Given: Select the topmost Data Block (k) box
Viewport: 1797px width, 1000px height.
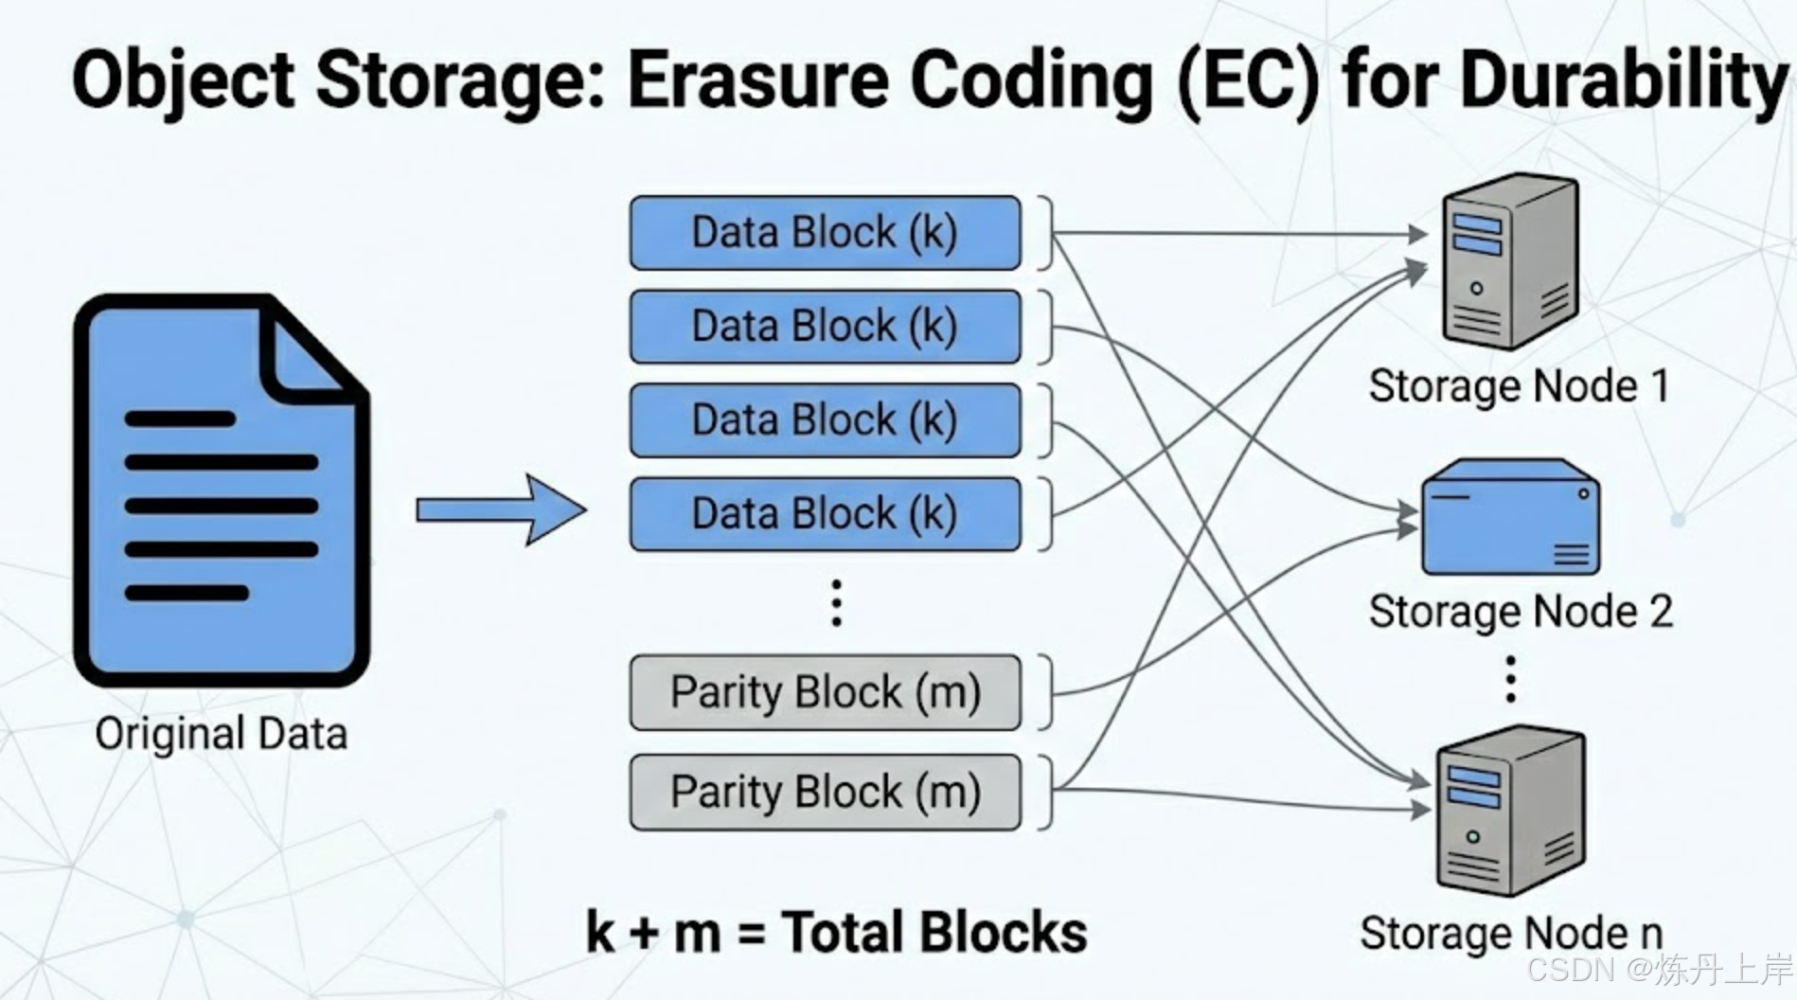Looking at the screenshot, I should click(825, 233).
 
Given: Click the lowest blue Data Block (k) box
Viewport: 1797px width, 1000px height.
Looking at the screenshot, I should click(825, 514).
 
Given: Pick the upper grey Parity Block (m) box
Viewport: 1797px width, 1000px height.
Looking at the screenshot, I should click(825, 692).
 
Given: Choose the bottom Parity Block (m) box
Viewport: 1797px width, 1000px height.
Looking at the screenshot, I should click(825, 792).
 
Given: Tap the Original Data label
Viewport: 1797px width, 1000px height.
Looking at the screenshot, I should click(222, 734).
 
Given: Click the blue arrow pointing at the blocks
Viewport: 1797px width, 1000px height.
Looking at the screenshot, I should click(502, 510).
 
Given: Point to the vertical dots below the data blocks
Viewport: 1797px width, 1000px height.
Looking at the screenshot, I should click(836, 603).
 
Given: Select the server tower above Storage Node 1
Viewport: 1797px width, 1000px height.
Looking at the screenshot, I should click(1509, 261).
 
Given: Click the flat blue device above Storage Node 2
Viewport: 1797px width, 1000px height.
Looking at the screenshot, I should click(1510, 518).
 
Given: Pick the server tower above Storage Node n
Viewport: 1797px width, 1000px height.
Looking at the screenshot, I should click(1510, 813).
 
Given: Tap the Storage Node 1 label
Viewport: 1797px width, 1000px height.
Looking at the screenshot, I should click(1519, 386).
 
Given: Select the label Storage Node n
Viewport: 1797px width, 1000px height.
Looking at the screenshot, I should click(1511, 934).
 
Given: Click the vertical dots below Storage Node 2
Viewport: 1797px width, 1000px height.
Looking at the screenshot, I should click(1511, 679).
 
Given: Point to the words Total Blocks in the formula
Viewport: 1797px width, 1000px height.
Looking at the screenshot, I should click(934, 932).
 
